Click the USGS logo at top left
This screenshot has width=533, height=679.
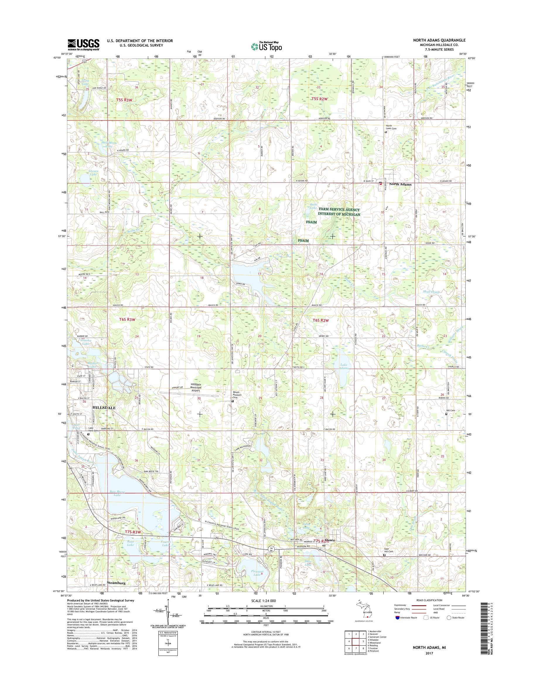click(x=84, y=44)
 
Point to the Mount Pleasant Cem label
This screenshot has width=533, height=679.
click(x=237, y=395)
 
